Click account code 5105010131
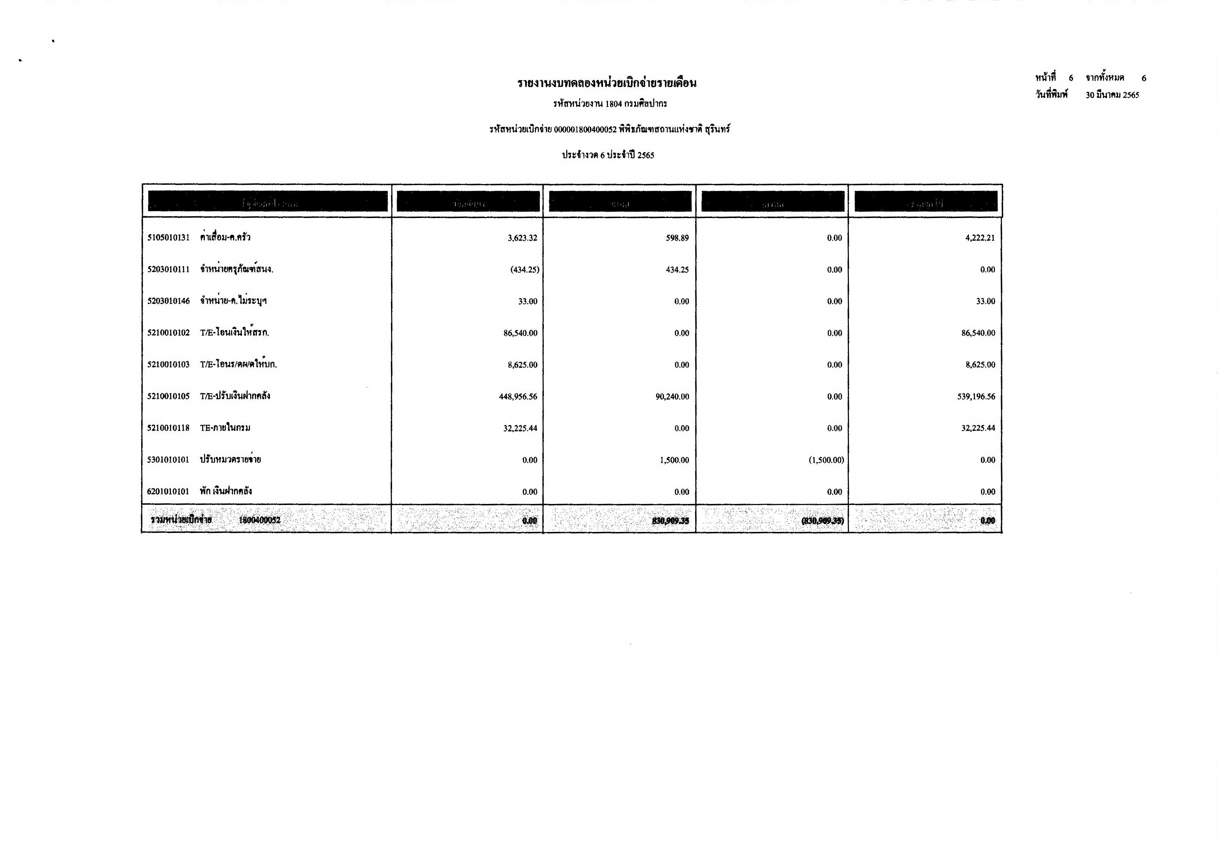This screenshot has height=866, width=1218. click(168, 238)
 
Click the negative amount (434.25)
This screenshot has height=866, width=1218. click(524, 270)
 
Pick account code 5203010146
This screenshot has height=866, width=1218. click(168, 301)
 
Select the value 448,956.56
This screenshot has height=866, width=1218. click(518, 397)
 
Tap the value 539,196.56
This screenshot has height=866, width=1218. click(976, 397)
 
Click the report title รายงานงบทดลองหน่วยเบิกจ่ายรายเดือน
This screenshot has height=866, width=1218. click(607, 83)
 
